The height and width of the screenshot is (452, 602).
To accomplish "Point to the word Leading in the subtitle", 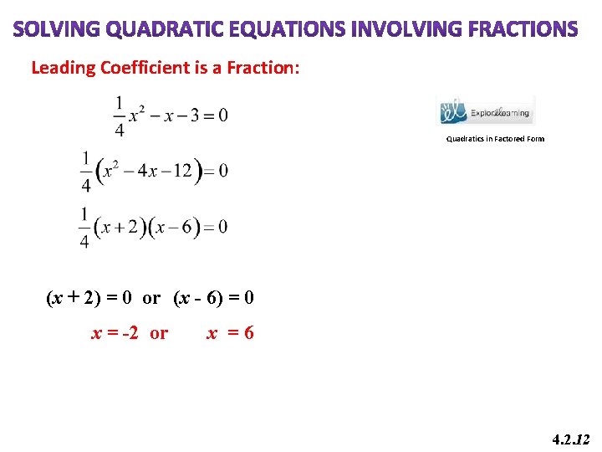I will (64, 68).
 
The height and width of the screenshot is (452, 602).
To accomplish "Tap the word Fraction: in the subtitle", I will (256, 68).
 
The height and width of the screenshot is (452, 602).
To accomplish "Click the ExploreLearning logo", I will (487, 110).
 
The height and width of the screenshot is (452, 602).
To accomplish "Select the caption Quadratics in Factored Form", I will (495, 139).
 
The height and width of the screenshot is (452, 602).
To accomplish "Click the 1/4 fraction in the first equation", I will (120, 116).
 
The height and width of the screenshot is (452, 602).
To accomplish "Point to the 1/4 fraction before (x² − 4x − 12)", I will (85, 171).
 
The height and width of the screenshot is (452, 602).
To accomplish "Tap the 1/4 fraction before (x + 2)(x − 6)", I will (85, 227).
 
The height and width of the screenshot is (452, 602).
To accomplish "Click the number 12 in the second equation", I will (182, 172).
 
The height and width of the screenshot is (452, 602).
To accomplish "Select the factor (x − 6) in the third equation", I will (174, 227).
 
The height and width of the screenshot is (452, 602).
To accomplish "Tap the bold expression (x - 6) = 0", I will (214, 298).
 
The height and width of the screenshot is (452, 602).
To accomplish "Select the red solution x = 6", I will (230, 333).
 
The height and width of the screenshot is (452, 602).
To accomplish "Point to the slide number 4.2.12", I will (572, 439).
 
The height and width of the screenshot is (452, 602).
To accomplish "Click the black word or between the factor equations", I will (151, 298).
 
